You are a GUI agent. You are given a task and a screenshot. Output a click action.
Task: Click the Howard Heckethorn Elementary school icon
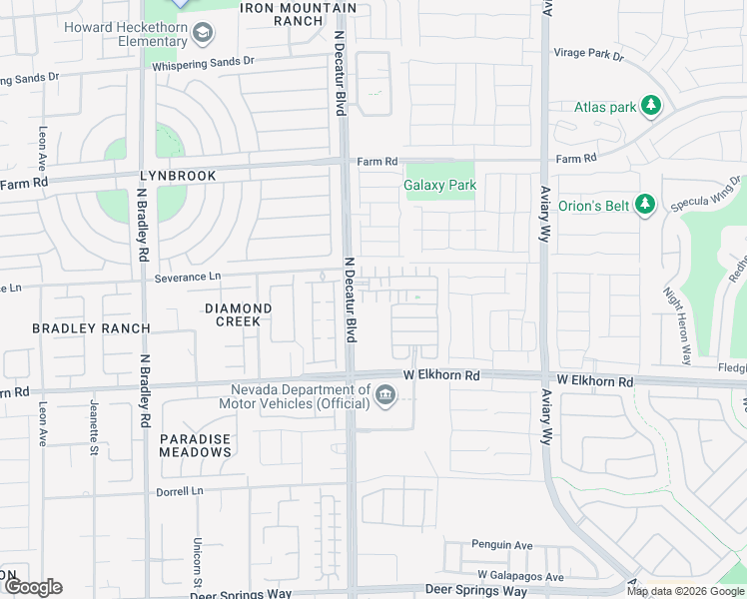coord(204,35)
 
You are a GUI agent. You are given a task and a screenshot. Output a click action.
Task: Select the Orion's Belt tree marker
coord(645,205)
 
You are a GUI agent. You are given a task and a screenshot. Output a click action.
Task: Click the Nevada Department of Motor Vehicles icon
coord(385,398)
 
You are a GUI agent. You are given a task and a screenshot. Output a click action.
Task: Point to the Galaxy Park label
coord(439,185)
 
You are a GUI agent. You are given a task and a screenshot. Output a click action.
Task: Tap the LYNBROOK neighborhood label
coord(179,176)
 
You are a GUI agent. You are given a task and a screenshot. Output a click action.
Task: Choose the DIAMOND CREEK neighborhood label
coord(239,314)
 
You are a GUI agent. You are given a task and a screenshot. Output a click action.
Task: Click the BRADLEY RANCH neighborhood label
coord(91,328)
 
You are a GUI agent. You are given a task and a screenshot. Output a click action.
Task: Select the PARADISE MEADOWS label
coord(196,445)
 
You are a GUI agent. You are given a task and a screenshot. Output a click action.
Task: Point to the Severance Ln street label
coord(187,277)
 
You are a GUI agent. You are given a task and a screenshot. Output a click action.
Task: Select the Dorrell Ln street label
coord(180,491)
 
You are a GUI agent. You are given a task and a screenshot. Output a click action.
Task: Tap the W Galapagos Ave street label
coord(520,576)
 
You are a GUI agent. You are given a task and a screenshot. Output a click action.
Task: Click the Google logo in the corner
coord(32,587)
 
